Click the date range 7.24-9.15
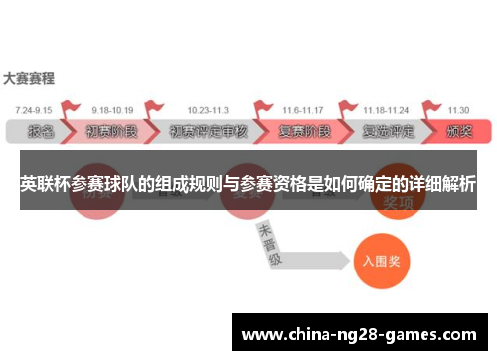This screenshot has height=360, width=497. [x=34, y=109]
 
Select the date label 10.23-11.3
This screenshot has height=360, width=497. [x=206, y=109]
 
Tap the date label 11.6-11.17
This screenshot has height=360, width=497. [x=303, y=109]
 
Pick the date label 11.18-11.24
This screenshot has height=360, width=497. [x=386, y=109]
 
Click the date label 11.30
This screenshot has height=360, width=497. [x=458, y=109]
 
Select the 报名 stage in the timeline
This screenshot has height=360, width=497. [x=41, y=131]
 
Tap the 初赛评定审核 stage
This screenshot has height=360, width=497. [x=207, y=131]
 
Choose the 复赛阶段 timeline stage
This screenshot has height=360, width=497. [x=302, y=131]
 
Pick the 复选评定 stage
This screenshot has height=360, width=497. [x=389, y=131]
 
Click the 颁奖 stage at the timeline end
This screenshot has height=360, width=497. [x=459, y=131]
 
